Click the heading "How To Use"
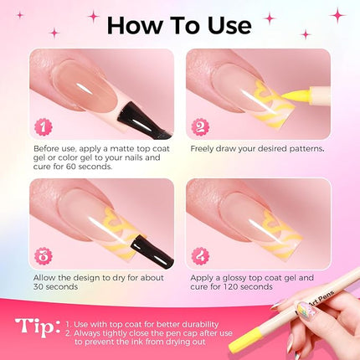[x=179, y=24]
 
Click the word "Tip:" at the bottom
[x=39, y=329]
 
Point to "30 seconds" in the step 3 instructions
[x=55, y=286]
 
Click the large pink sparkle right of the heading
[x=337, y=14]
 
